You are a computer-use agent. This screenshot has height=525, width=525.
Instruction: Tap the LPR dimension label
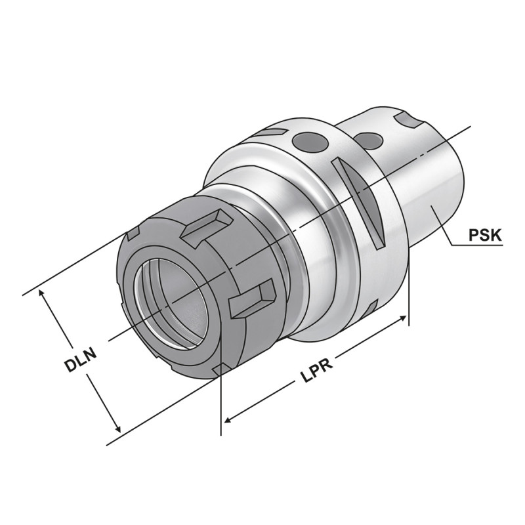316,369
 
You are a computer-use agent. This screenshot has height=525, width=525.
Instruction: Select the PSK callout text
486,234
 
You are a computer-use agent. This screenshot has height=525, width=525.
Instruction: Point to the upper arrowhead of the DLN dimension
45,293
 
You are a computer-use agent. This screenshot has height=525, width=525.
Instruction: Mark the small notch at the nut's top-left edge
133,232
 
